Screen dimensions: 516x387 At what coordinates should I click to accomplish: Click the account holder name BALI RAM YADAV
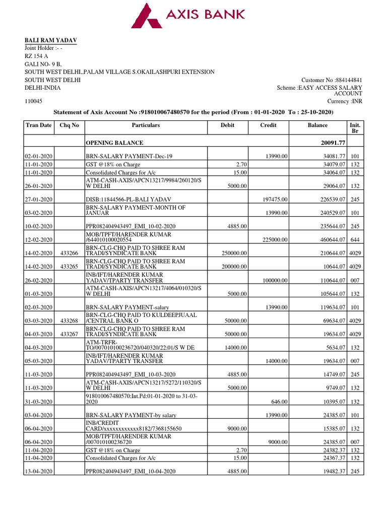tap(51, 40)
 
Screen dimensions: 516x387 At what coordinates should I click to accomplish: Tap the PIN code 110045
tap(34, 101)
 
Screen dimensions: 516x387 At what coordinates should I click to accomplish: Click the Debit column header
tap(228, 125)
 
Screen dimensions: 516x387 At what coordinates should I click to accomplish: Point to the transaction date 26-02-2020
tap(39, 280)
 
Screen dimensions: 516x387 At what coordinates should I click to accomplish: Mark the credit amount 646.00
tap(280, 402)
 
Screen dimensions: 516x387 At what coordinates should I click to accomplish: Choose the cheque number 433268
tap(69, 321)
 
